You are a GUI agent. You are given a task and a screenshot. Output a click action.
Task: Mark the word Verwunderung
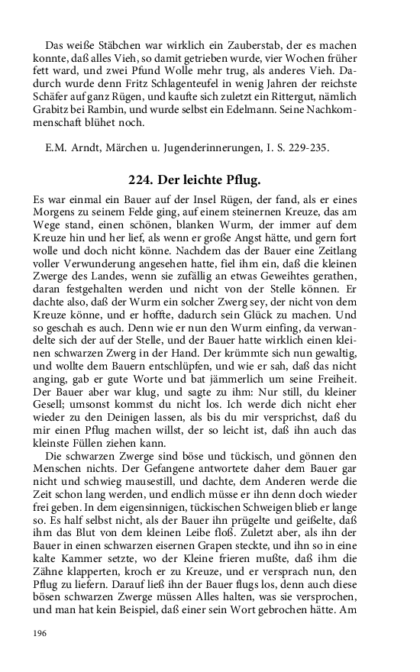[98, 260]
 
